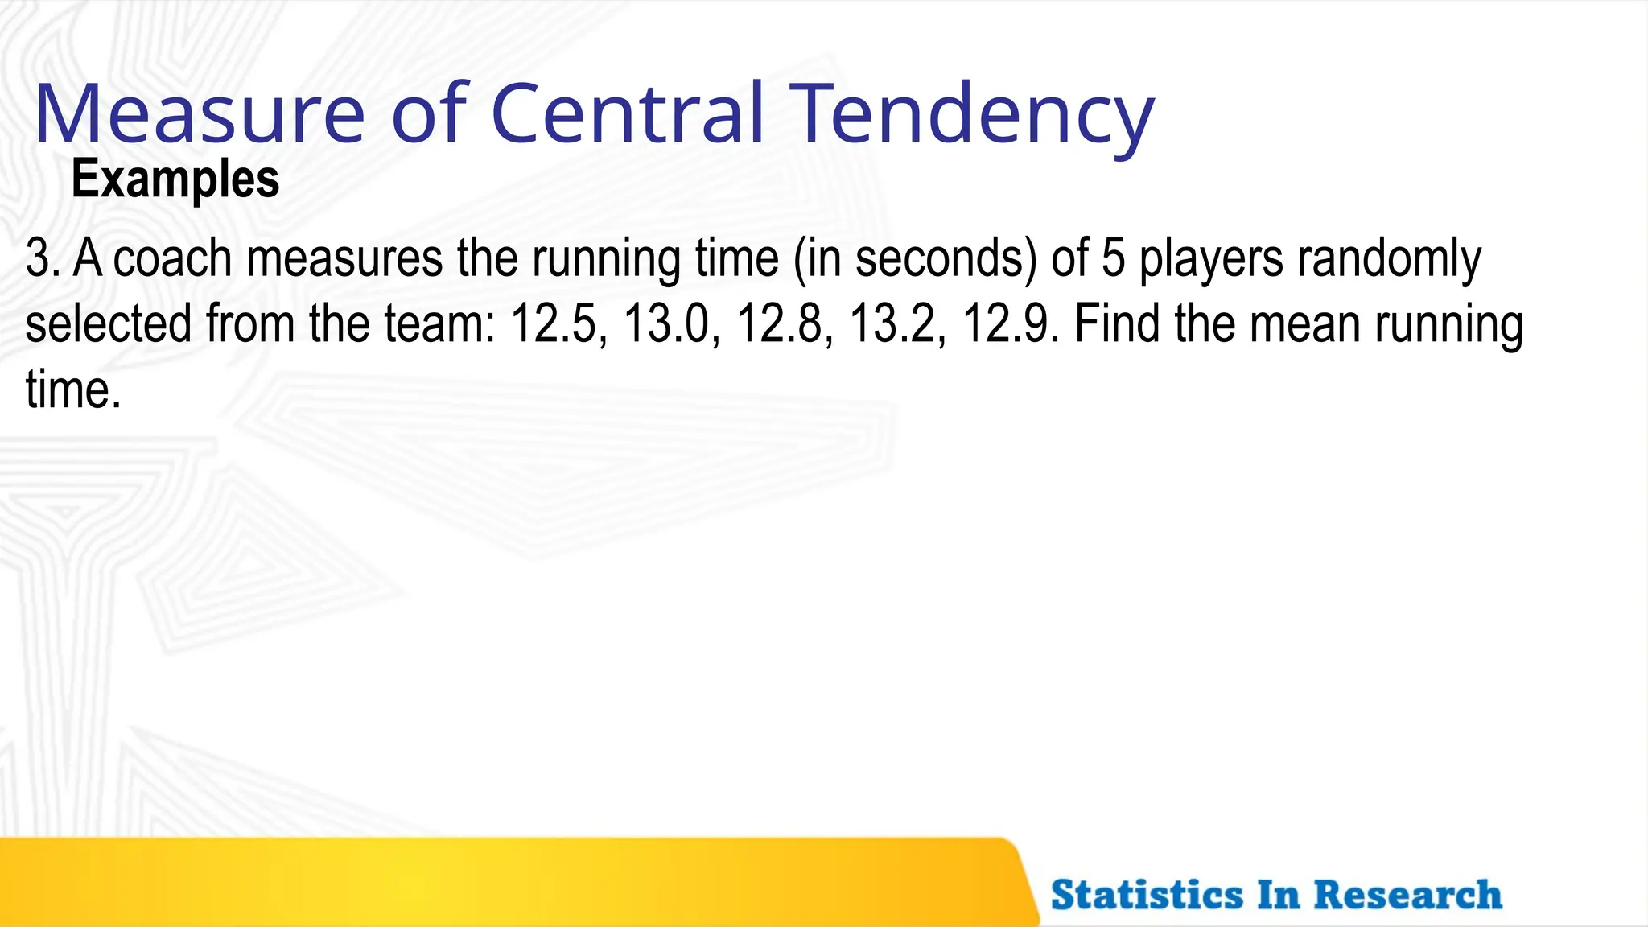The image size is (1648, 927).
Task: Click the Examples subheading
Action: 175,179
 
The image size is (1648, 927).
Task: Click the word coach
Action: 172,259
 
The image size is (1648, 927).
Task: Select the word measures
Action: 344,259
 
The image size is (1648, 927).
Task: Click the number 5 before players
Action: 1113,259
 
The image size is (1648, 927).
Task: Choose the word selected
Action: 109,324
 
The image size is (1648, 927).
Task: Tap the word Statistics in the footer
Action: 1147,895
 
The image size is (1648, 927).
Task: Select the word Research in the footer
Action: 1407,895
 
